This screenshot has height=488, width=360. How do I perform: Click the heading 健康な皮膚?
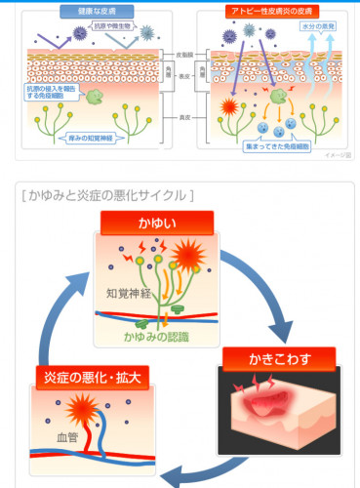(93, 10)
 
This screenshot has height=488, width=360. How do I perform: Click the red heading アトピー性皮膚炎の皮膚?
(267, 10)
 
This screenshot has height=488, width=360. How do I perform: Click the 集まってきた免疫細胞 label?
(279, 146)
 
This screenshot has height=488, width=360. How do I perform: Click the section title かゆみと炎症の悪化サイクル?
(107, 195)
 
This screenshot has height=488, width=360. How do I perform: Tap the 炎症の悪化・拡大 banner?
(91, 377)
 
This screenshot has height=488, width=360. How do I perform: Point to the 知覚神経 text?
(127, 293)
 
